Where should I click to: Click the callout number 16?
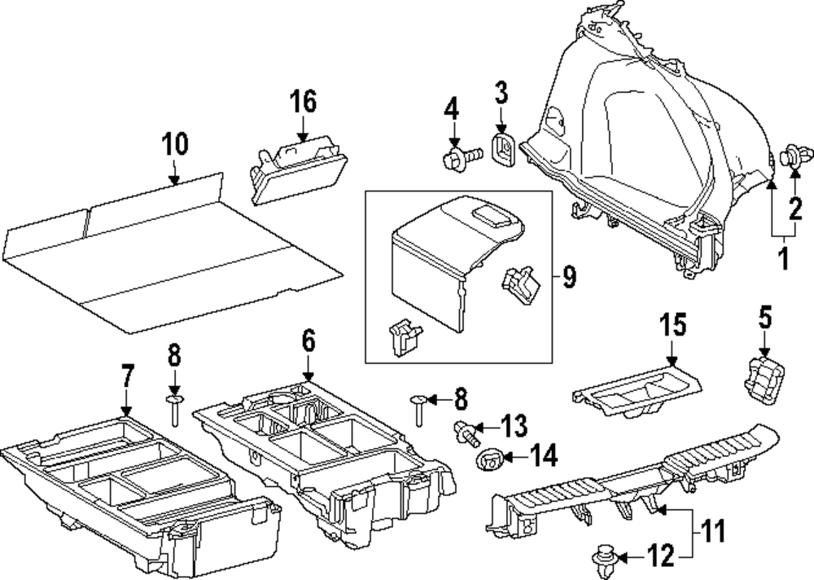[302, 103]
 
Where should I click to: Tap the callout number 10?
[174, 144]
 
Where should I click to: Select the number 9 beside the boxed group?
[568, 278]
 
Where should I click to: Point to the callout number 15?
[672, 324]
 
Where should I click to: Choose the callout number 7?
[126, 377]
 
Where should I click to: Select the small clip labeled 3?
[502, 147]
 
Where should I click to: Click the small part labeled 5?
[764, 379]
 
